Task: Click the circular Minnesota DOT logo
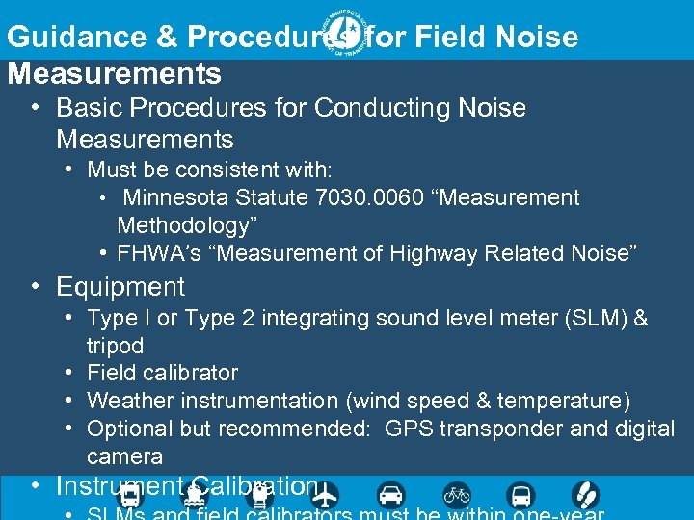coord(346,35)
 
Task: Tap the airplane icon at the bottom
coord(327,495)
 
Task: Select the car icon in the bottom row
coord(391,495)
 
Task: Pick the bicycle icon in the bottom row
coord(456,495)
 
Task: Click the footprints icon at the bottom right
coord(585,495)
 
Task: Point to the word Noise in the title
coord(535,37)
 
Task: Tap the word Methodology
coord(180,226)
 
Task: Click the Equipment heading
coord(120,287)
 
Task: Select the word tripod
coord(115,346)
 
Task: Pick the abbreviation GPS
coord(409,429)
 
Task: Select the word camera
coord(124,456)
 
